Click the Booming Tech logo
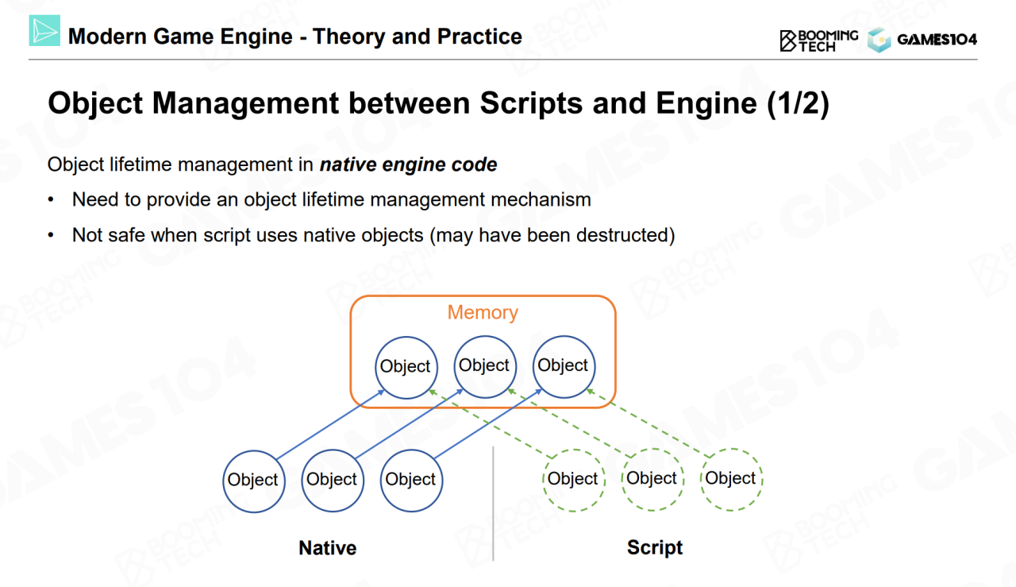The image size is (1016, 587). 818,41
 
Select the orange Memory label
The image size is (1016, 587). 483,312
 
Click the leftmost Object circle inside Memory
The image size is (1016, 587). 406,366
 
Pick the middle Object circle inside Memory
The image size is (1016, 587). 484,365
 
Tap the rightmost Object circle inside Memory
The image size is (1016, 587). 563,365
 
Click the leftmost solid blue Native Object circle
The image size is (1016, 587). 253,480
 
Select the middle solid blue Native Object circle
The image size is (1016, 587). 332,479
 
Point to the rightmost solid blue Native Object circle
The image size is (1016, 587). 410,479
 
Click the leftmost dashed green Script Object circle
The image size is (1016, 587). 573,479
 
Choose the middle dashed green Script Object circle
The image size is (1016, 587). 652,478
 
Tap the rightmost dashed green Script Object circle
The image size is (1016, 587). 730,478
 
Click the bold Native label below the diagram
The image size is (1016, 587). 327,547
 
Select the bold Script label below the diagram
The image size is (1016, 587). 655,547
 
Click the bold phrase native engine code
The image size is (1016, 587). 408,165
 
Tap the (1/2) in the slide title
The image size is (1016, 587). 798,104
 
